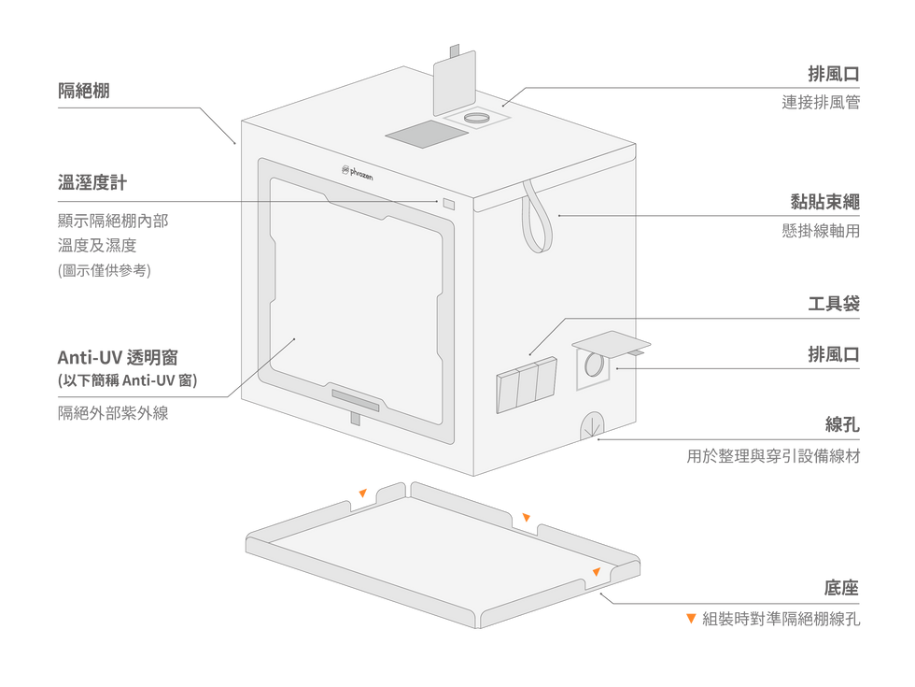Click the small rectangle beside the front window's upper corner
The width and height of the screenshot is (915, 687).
point(449,204)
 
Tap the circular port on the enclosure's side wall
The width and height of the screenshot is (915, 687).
point(593,365)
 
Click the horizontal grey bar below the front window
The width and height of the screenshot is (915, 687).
point(356,401)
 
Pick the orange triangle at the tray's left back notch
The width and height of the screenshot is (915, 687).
point(363,491)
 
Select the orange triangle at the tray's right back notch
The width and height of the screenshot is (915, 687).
point(527,516)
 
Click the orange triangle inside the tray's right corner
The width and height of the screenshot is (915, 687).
point(596,569)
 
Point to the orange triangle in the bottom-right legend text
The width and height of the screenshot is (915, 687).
point(691,618)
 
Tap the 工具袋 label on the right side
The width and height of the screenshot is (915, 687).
point(833,303)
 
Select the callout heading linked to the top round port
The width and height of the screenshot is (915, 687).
point(833,74)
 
